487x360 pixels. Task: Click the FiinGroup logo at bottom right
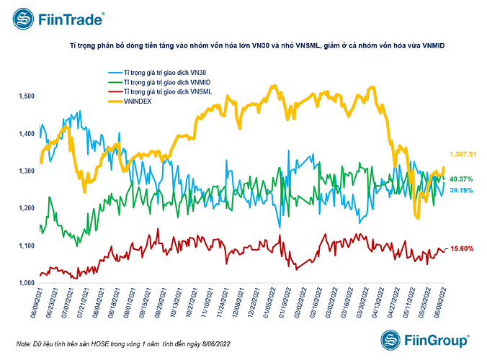[425, 338]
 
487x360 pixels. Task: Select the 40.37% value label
[461, 179]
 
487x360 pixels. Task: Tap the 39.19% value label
[461, 191]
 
